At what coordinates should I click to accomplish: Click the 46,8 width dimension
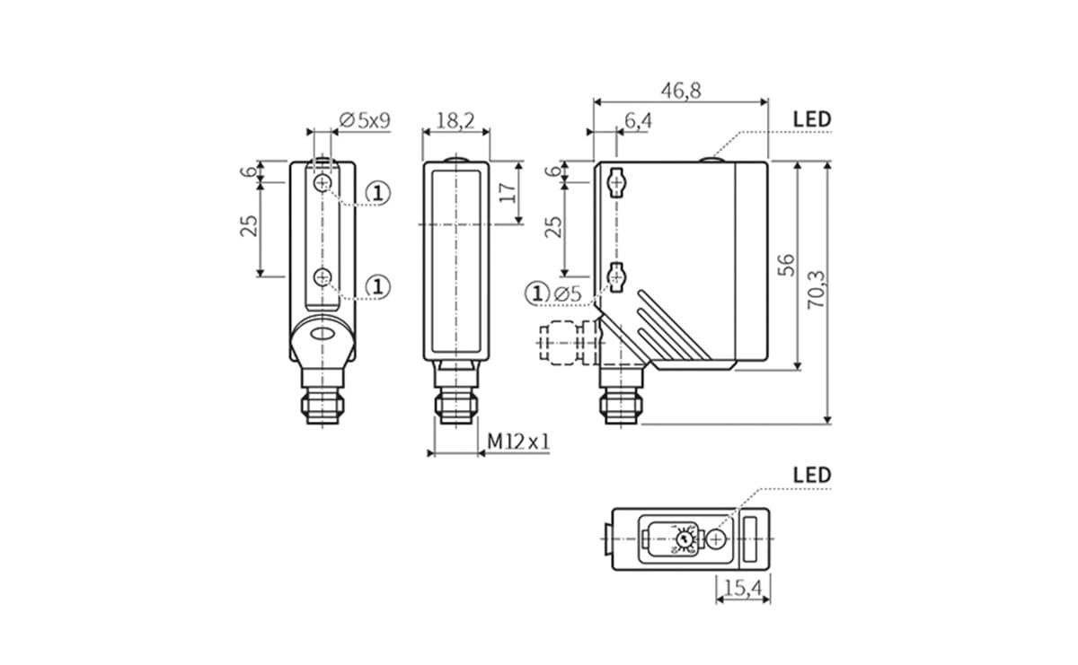(681, 90)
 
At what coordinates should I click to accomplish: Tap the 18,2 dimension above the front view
(455, 121)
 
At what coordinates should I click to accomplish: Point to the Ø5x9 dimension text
(365, 120)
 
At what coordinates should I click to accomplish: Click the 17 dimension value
(508, 193)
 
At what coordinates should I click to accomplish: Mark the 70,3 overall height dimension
(816, 290)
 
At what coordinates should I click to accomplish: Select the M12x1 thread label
(518, 442)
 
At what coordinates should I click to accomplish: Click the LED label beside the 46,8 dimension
(812, 119)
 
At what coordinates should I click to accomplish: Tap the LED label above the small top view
(812, 475)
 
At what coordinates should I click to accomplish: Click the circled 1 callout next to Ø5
(537, 293)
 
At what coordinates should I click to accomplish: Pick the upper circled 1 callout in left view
(378, 192)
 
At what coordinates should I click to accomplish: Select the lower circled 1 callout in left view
(378, 286)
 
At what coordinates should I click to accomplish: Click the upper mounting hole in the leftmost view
(323, 183)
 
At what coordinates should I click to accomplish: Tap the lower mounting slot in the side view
(616, 277)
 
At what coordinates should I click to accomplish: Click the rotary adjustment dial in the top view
(685, 539)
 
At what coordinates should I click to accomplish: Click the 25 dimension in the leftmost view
(250, 225)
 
